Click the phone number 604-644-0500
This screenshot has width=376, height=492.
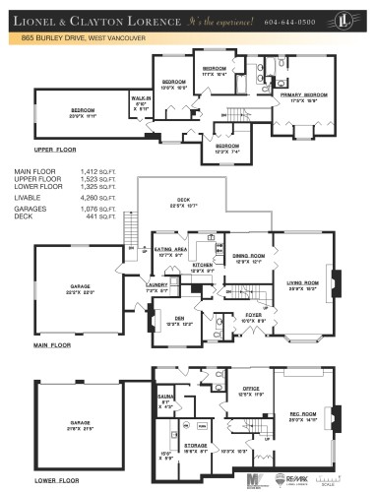click(294, 21)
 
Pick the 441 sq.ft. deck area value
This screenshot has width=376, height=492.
click(94, 215)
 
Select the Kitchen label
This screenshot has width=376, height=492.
click(202, 267)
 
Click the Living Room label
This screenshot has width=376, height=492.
click(300, 285)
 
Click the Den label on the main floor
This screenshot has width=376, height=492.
click(175, 320)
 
